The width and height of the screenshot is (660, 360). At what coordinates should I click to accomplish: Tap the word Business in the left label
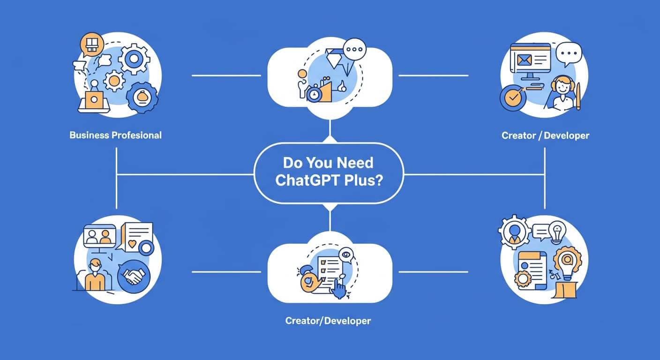click(89, 135)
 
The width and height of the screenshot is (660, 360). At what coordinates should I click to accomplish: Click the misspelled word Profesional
click(137, 135)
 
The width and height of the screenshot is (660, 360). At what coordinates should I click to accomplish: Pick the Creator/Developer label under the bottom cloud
click(328, 321)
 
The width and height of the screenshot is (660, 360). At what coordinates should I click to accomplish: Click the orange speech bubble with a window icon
click(92, 45)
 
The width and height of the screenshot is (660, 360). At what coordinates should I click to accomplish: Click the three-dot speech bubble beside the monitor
click(568, 52)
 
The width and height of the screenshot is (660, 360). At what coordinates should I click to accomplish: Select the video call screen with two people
click(99, 236)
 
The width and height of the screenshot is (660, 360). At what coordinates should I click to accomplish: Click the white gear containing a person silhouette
click(514, 231)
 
